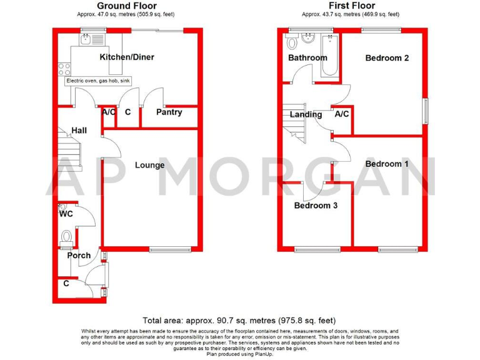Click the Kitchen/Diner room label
(127, 57)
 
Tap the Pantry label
(169, 112)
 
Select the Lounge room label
(149, 165)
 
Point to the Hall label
(79, 131)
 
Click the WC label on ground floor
(66, 214)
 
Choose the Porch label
(79, 255)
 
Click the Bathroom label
(307, 58)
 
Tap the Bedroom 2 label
(387, 58)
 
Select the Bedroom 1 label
(387, 164)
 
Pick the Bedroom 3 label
(316, 205)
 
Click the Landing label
(306, 114)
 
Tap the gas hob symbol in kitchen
(63, 69)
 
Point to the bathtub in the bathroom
(329, 56)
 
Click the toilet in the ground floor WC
(67, 237)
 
